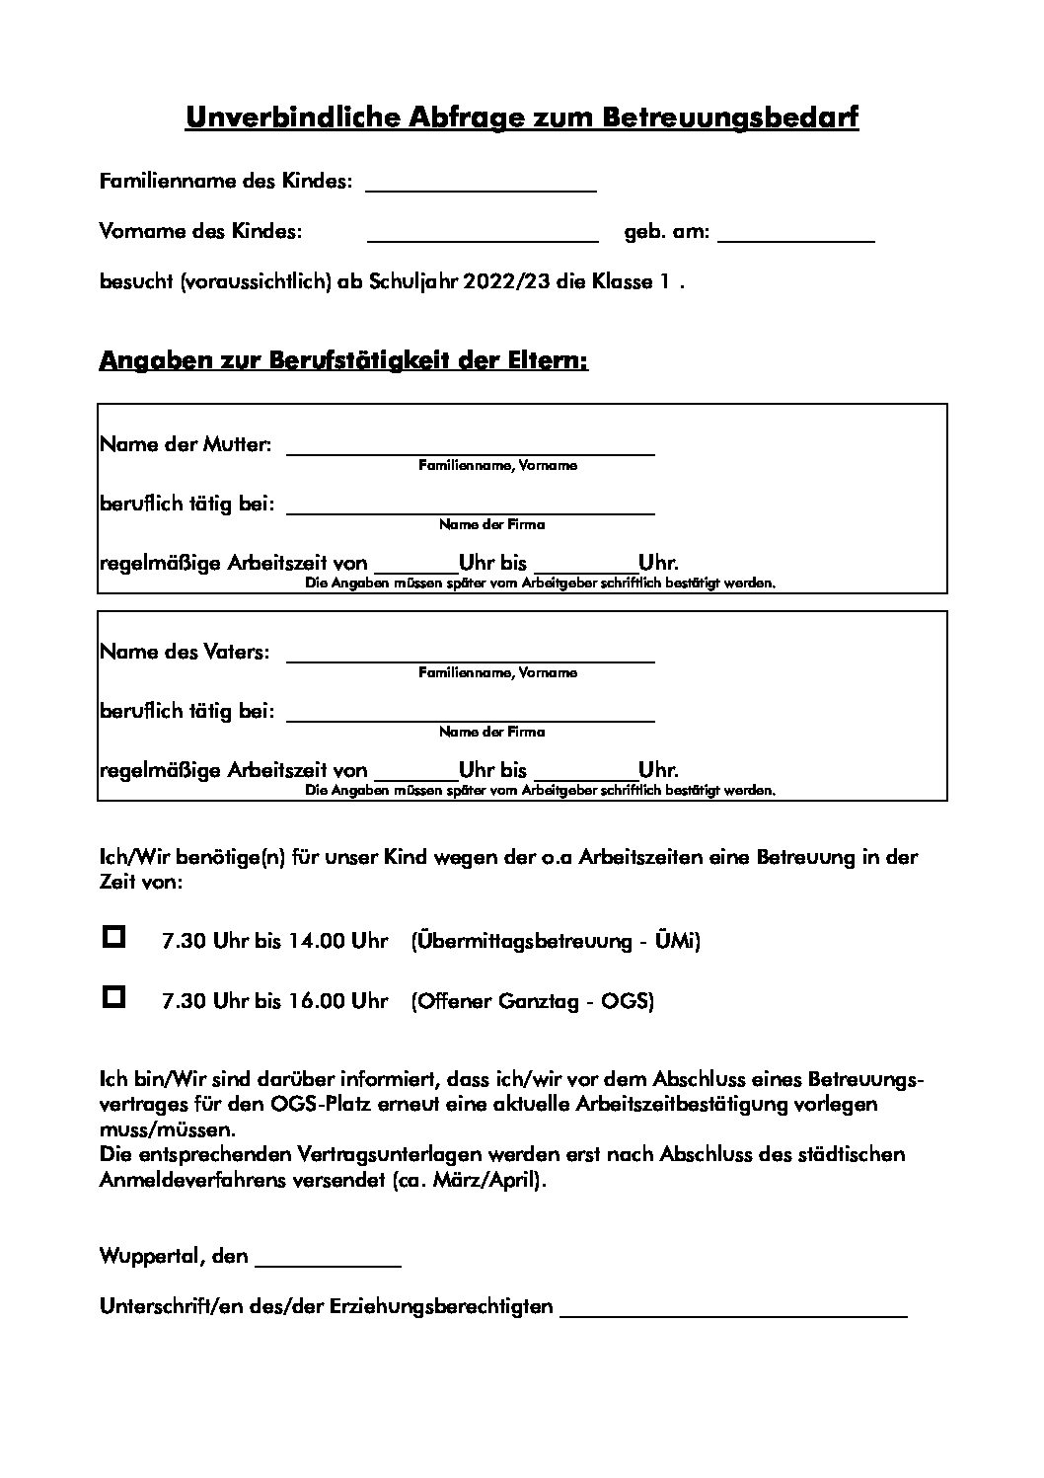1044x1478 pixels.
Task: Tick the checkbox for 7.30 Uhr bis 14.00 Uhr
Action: pyautogui.click(x=114, y=937)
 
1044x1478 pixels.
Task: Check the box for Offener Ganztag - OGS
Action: pyautogui.click(x=114, y=996)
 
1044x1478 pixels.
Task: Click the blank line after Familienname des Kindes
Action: pyautogui.click(x=481, y=188)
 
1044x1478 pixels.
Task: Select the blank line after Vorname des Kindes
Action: pyautogui.click(x=483, y=237)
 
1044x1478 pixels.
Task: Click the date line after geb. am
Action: pyautogui.click(x=796, y=237)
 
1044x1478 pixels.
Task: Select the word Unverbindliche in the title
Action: pyautogui.click(x=290, y=118)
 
